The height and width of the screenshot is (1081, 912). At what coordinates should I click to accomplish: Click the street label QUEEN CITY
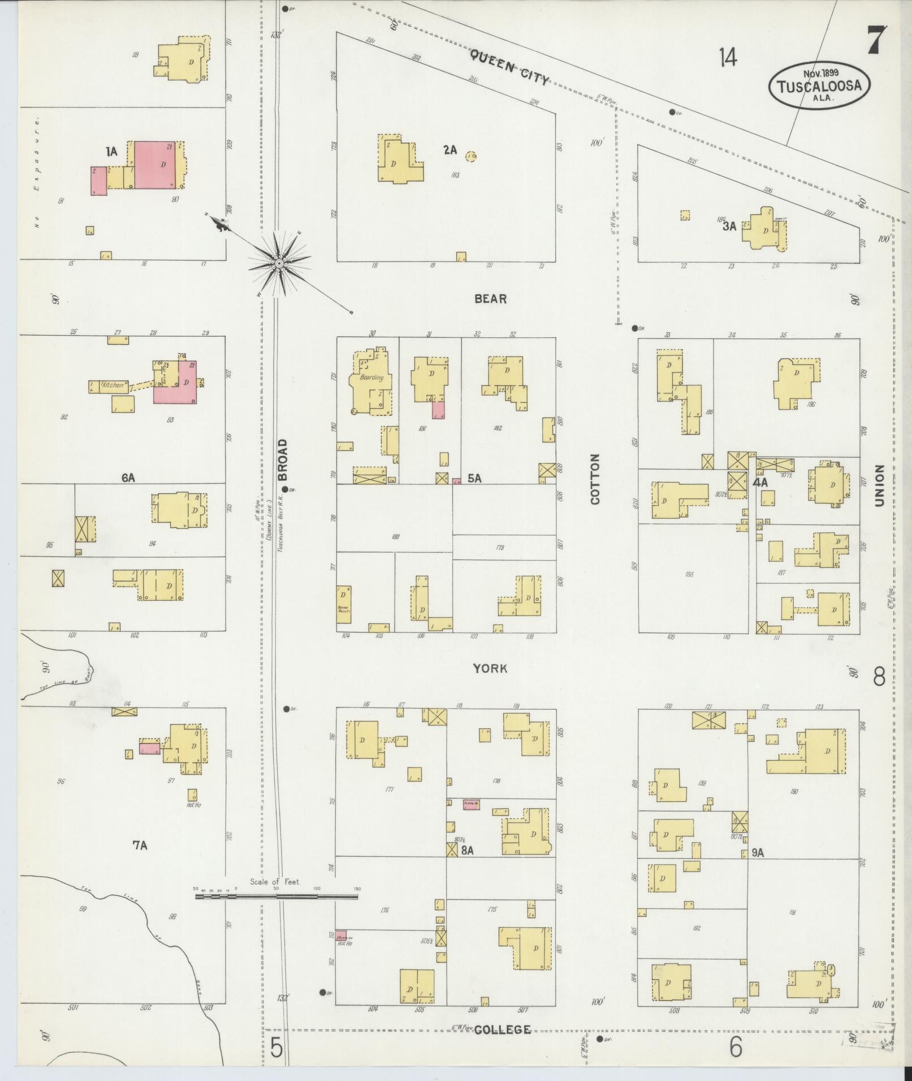tap(509, 67)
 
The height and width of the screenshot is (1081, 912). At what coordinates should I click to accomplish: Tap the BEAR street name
tap(490, 299)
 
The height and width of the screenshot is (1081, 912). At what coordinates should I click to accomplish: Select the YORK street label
tap(490, 668)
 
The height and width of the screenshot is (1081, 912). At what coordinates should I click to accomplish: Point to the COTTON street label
tap(595, 479)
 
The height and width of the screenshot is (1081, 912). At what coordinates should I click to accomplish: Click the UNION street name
tap(879, 486)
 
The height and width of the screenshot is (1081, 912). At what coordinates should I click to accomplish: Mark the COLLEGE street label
tap(502, 1030)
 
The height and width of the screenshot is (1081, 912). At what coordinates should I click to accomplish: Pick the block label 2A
tap(449, 150)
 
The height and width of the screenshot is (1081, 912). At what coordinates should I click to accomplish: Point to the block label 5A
tap(474, 479)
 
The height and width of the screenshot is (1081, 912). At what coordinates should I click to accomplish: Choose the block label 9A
tap(758, 853)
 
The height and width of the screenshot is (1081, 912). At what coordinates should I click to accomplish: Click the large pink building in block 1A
tap(154, 164)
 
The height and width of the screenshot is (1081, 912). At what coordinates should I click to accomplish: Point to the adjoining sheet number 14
tap(728, 57)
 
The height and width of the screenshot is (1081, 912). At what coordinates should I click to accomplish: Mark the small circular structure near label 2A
tap(470, 155)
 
